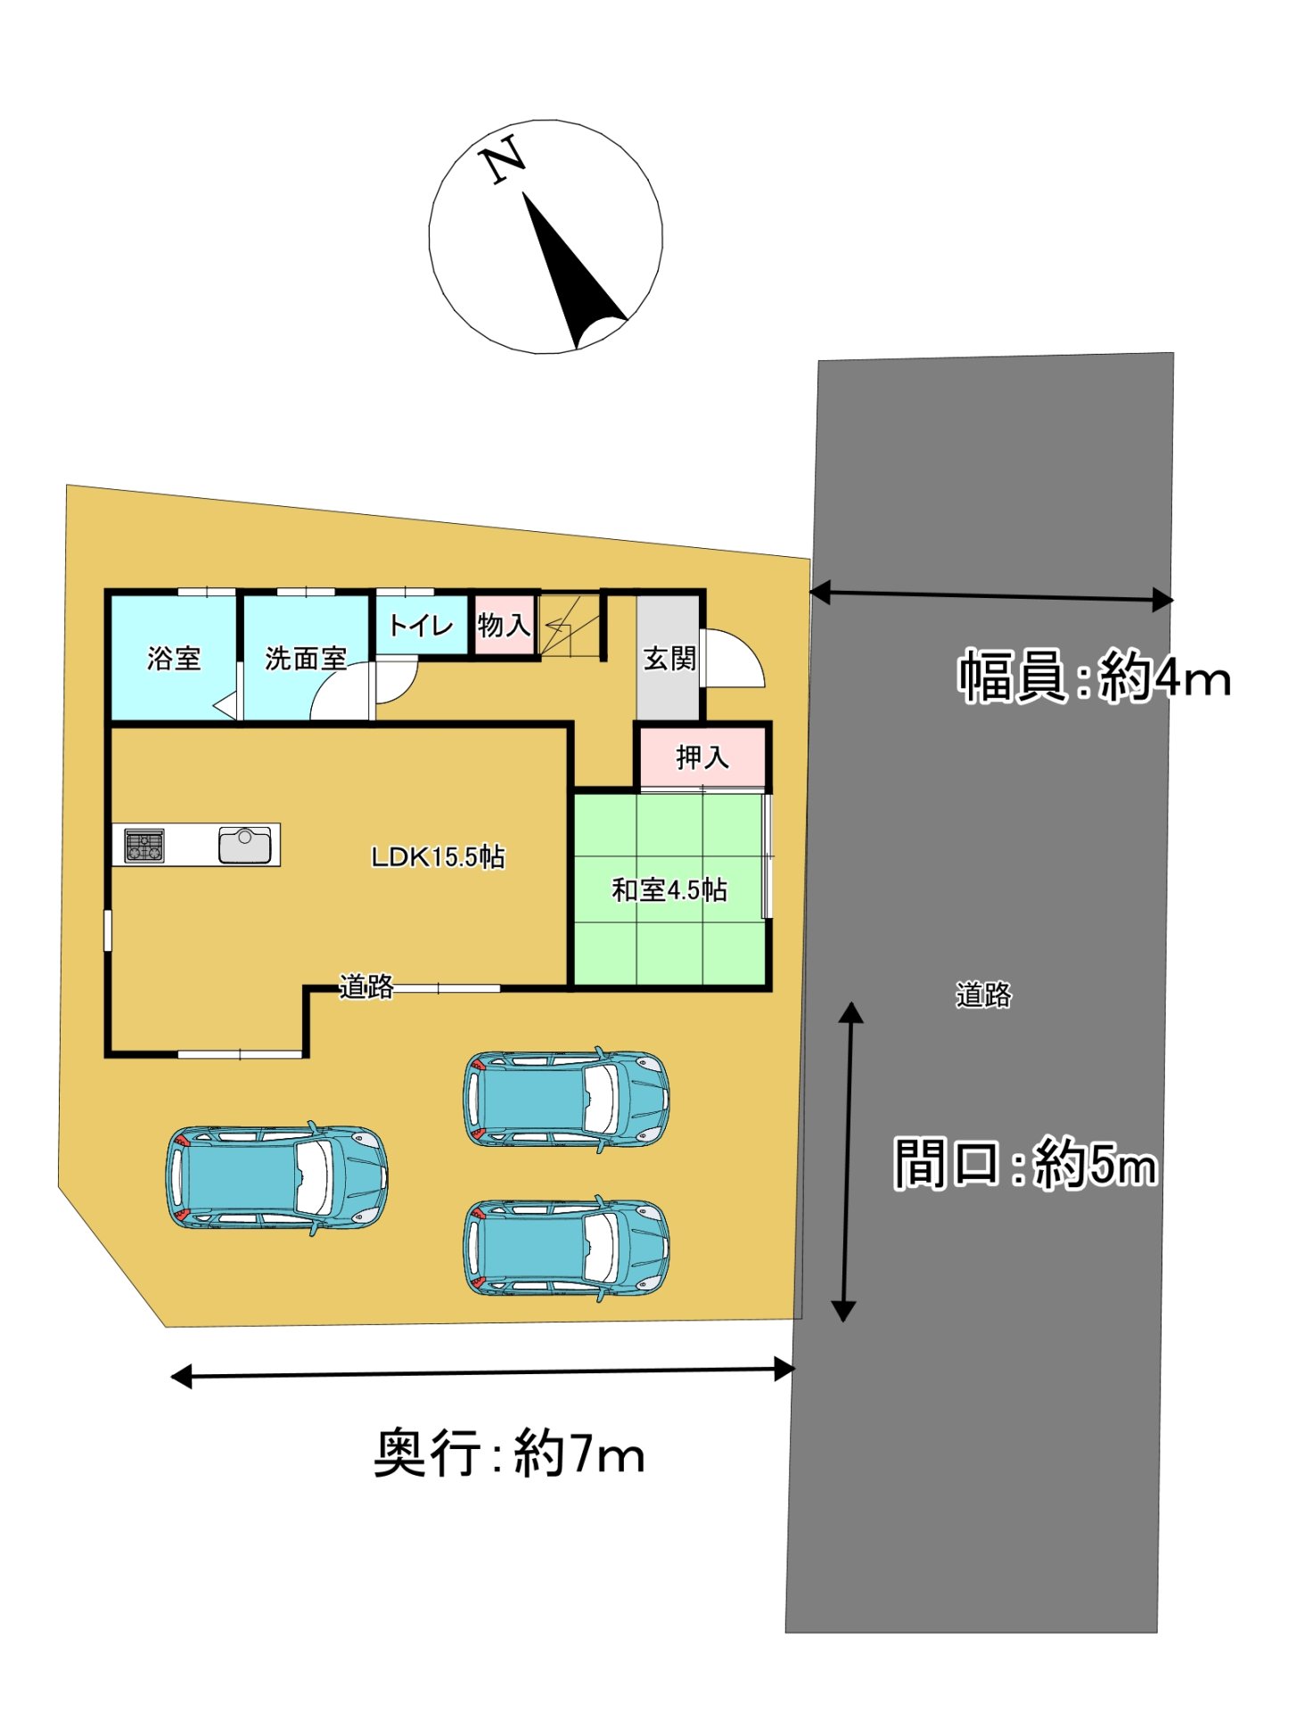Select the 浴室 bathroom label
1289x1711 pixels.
coord(174,659)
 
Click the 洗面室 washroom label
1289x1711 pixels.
coord(306,659)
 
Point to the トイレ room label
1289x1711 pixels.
coord(421,625)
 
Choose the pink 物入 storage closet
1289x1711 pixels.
coord(505,625)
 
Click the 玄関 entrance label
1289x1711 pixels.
coord(669,659)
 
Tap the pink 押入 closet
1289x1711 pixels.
coord(702,757)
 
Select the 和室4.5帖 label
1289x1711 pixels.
coord(669,889)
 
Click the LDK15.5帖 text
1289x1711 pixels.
coord(438,856)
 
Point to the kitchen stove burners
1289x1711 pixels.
coord(144,846)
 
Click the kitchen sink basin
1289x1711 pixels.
coord(244,845)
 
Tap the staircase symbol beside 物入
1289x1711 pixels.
coord(571,625)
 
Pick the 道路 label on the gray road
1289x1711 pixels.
coord(983,995)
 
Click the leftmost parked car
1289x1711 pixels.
coord(276,1177)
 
